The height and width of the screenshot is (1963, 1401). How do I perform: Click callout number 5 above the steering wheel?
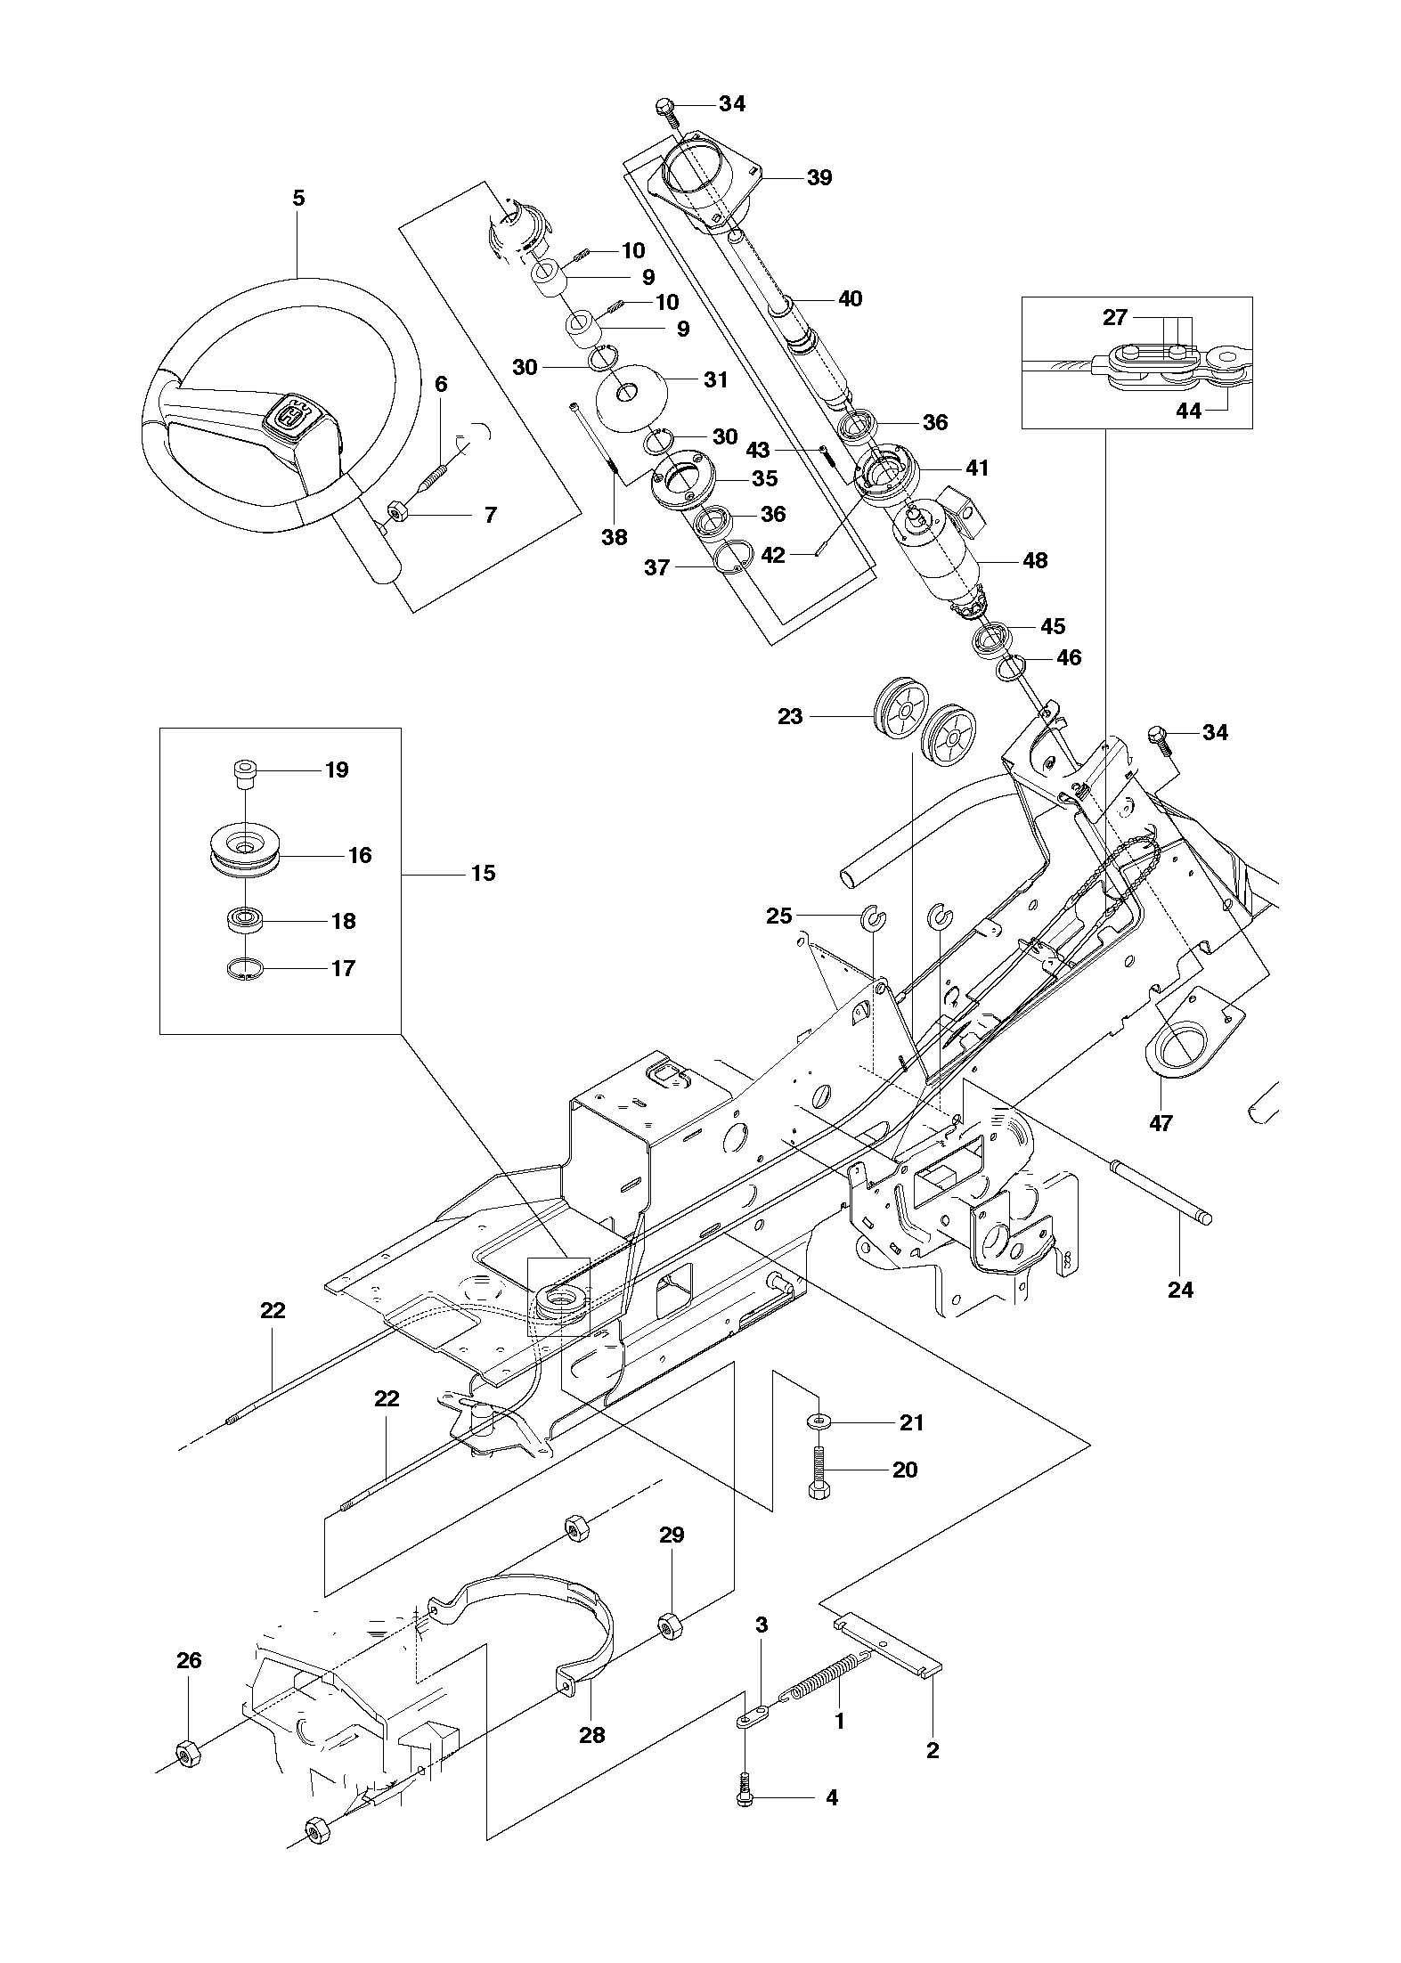click(x=298, y=198)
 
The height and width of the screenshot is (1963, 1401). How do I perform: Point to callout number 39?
click(x=819, y=177)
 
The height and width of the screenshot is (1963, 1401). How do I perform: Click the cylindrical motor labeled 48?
click(x=940, y=559)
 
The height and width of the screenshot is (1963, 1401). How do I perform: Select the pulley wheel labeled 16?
click(x=244, y=853)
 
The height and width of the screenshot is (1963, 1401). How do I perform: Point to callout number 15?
click(x=483, y=873)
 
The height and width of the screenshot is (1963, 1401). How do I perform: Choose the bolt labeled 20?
click(x=819, y=1471)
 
